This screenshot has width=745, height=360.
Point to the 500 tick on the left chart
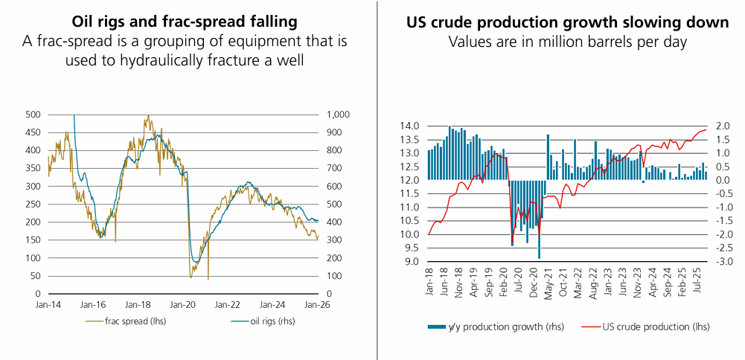click(x=33, y=115)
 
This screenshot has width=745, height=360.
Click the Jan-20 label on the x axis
click(x=182, y=305)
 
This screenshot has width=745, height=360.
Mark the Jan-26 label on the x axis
click(x=318, y=305)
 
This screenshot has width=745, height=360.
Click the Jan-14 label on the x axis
click(x=48, y=305)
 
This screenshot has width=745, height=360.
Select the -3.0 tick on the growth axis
click(x=724, y=262)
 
